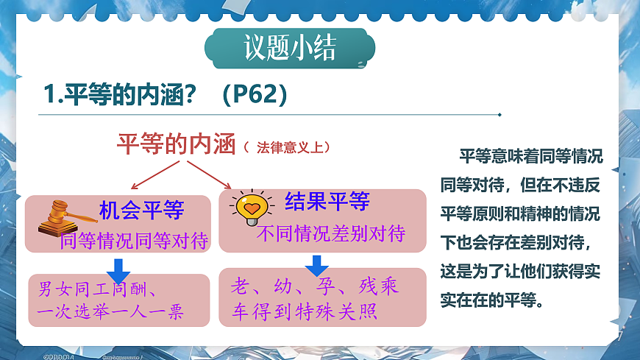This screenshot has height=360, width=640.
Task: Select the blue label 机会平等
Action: [x=141, y=211]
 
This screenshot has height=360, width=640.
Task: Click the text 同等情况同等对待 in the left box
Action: [x=135, y=240]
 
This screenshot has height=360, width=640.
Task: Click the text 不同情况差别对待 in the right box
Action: [x=331, y=234]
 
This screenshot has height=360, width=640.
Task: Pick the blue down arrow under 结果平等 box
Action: [x=317, y=264]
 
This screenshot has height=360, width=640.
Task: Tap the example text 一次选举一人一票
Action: [x=110, y=311]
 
